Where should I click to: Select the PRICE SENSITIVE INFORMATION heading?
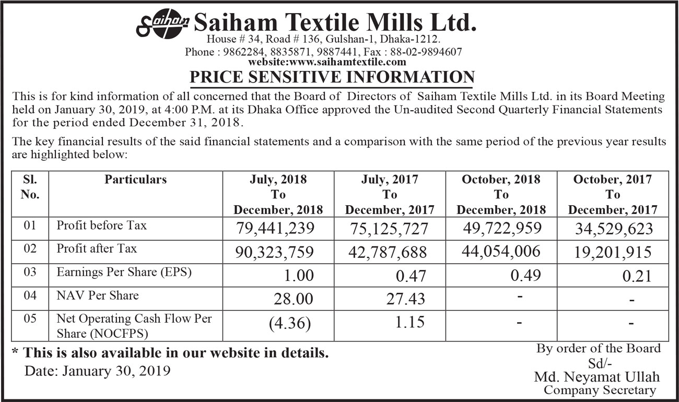coord(332,77)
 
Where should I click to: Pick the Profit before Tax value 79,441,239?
coord(275,228)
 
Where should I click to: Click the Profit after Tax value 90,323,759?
coord(275,252)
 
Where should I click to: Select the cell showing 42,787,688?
coord(388,252)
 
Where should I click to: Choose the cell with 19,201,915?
coord(612,252)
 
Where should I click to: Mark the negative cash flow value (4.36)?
coord(290,323)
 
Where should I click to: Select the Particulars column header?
coord(135,180)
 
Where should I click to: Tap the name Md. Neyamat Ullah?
coord(596,376)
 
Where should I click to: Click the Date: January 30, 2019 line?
coord(98,371)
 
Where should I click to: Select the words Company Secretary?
coord(599,390)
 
